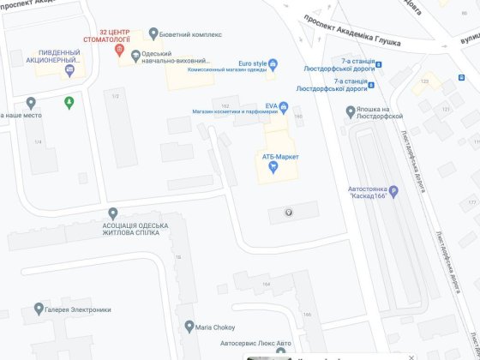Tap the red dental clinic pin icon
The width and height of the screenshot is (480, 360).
click(x=120, y=50)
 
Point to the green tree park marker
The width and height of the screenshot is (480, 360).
click(x=69, y=102)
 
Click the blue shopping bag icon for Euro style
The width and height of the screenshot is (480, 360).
click(x=273, y=63)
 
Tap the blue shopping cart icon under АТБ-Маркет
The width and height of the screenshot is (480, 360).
click(x=273, y=167)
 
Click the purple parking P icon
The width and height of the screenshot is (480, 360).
click(x=394, y=191)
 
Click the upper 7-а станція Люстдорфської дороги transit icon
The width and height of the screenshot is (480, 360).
click(x=379, y=64)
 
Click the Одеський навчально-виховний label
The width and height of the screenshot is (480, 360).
click(x=179, y=60)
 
